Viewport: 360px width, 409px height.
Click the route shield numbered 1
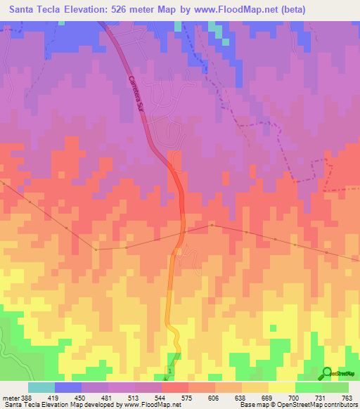[169, 370]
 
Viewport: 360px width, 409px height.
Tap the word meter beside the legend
[11, 398]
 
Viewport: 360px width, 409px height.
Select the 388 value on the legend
[27, 398]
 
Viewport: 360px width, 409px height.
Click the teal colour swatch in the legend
[41, 387]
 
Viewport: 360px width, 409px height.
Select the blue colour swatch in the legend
[67, 387]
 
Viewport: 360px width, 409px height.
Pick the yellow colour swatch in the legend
[282, 387]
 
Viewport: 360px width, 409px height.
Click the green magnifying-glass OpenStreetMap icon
[327, 373]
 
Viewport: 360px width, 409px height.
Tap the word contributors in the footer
[338, 405]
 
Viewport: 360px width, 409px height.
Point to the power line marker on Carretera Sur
[184, 232]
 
